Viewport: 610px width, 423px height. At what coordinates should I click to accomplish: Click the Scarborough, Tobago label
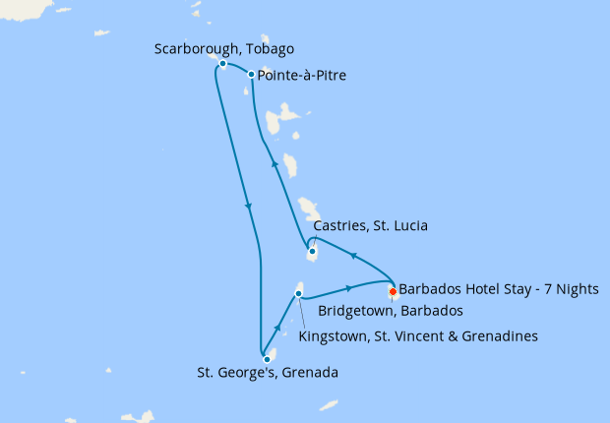coord(224,48)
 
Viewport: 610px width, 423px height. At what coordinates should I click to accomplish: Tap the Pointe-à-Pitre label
coord(301,75)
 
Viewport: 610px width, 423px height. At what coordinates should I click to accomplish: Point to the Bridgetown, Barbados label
coord(391,311)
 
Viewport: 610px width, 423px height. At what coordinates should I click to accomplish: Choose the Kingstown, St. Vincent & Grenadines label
coord(418,336)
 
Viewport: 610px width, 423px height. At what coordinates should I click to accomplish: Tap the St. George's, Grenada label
coord(268,373)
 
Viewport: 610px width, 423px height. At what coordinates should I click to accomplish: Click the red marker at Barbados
coord(393,291)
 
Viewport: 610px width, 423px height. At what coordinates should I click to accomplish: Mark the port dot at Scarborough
coord(223,64)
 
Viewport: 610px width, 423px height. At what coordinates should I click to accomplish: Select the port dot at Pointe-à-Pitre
coord(252,75)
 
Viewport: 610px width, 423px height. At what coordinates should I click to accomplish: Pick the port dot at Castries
coord(312,252)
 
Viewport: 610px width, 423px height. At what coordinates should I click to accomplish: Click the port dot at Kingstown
coord(299,293)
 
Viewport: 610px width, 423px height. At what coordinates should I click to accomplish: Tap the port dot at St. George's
coord(267,359)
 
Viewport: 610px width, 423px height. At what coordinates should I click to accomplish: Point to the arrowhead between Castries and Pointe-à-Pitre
coord(274,164)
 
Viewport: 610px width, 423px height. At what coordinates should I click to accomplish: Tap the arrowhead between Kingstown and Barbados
coord(349,288)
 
